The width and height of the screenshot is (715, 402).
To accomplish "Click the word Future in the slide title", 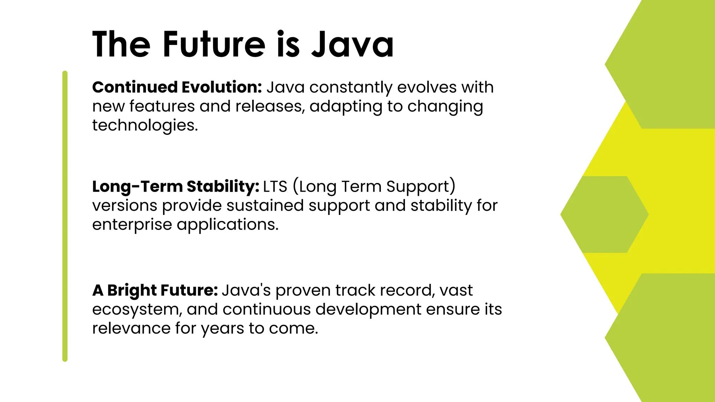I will click(x=214, y=44).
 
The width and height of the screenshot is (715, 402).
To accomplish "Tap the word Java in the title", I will click(x=353, y=44).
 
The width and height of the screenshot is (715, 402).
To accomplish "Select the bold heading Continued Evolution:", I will click(x=177, y=87).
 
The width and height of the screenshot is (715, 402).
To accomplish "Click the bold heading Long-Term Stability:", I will click(x=176, y=186).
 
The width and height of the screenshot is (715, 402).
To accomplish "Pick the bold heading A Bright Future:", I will click(x=155, y=290).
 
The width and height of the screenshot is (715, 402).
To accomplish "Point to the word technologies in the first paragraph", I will click(x=145, y=125).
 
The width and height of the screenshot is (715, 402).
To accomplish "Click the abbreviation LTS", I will click(x=275, y=186).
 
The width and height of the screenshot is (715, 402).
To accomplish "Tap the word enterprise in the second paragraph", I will click(x=132, y=224).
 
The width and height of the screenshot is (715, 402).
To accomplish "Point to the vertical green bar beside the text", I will click(x=65, y=216).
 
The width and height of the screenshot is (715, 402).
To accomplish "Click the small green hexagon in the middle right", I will click(x=604, y=214).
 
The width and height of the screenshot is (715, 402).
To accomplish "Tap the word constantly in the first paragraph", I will click(x=351, y=87).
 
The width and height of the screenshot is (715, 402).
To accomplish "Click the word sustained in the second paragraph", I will click(x=265, y=206).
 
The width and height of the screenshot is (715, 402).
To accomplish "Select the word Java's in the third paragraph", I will click(x=246, y=290).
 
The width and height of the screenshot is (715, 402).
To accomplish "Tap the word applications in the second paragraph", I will click(x=227, y=224).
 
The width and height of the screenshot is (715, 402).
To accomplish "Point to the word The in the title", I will click(x=121, y=44).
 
